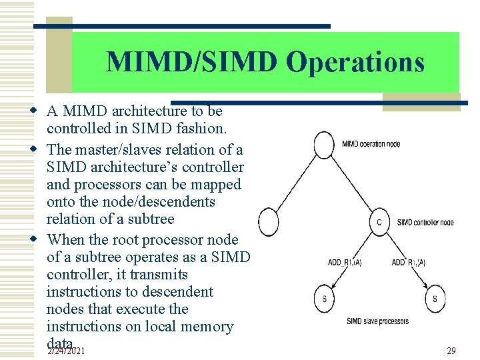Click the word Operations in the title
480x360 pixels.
pos(355,62)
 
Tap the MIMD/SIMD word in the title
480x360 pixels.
pos(193,62)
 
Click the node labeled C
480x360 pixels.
pos(379,222)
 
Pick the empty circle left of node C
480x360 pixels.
pos(269,221)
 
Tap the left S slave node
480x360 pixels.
pos(325,299)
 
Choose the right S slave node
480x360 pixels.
pos(435,299)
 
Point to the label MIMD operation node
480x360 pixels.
pos(371,144)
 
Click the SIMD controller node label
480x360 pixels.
pos(425,222)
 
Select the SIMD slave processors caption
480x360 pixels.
pos(377,321)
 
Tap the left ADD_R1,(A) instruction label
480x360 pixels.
pos(345,262)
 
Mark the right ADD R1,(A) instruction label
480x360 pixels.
pos(408,262)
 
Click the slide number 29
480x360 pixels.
pos(451,350)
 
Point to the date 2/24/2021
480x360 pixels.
pos(66,350)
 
